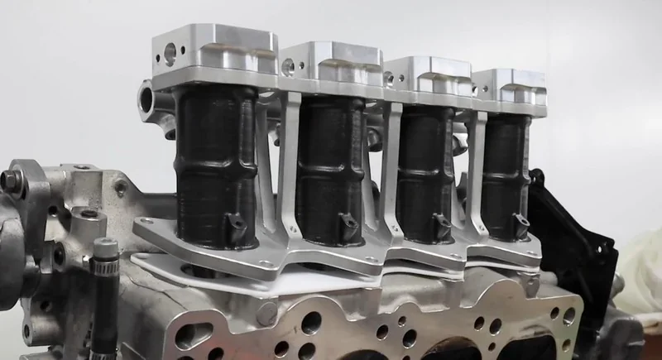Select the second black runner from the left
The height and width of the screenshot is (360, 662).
(x=329, y=170)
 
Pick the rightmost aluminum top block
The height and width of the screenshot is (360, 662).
(x=511, y=86)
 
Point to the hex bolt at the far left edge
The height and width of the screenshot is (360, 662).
(x=10, y=180)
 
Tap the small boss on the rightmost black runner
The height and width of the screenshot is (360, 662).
(x=520, y=221)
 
